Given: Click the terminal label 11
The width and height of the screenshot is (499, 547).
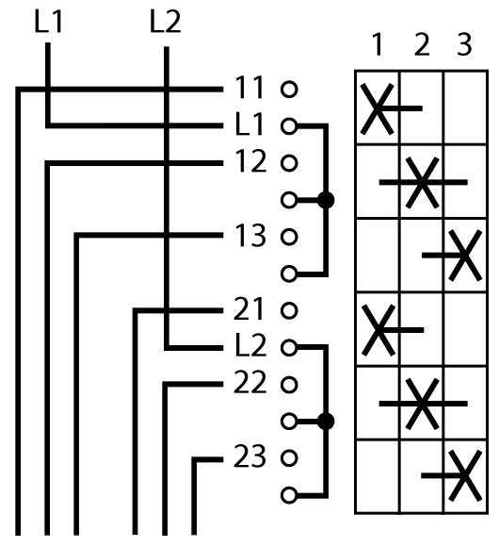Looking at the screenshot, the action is tap(249, 88).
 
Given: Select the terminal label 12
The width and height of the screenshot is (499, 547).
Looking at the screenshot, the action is tap(250, 161).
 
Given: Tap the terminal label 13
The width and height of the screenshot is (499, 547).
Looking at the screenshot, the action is tap(250, 236).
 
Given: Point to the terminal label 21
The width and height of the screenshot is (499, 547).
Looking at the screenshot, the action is tap(249, 309).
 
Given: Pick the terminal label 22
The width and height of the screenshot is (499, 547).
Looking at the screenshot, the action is tap(250, 382).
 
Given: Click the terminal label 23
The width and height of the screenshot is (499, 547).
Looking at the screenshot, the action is tap(250, 456).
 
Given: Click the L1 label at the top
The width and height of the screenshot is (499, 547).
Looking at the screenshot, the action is tap(48, 22).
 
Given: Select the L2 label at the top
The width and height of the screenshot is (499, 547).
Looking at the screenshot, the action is tap(166, 22).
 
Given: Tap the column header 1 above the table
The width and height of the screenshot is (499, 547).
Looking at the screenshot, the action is tap(378, 44).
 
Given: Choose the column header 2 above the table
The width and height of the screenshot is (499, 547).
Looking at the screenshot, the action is tap(422, 44).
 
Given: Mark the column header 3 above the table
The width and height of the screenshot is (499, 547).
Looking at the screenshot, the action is tap(464, 44).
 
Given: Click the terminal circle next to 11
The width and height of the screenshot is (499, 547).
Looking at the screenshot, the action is tap(289, 90).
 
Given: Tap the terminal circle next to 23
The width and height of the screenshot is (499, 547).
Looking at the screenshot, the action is tap(289, 458).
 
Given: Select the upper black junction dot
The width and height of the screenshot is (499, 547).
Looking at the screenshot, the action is tap(326, 200).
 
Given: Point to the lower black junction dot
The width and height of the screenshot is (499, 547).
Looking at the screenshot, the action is tap(326, 422).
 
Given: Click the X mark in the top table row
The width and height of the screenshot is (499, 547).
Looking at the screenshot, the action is tap(378, 108).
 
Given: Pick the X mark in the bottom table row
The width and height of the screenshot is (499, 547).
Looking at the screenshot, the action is tap(465, 475).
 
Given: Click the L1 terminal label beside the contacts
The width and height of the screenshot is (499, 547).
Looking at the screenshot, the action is tap(249, 124).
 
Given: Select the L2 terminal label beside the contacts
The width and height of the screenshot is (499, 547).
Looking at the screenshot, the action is tap(251, 345).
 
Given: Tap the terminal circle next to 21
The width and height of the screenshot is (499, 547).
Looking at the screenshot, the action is tap(289, 310).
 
